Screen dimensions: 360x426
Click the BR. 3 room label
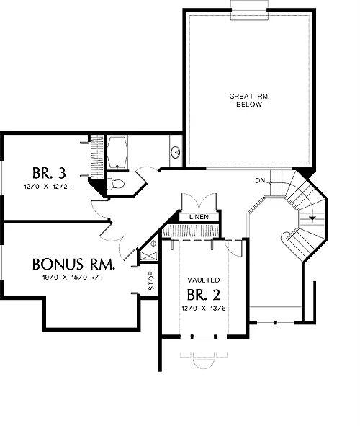coord(49,173)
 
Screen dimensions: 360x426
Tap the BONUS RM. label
coord(73,265)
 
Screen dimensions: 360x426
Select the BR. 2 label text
coord(204,295)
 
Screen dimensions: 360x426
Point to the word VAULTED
coord(204,280)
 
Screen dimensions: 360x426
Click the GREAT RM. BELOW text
coord(249,100)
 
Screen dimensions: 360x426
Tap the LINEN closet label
coord(199,217)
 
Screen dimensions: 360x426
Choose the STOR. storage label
coord(151,280)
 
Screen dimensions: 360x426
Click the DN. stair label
coord(261,181)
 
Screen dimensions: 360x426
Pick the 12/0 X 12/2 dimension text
coord(49,187)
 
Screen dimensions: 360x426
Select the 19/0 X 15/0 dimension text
coord(72,278)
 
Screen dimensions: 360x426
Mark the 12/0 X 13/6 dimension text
coord(204,309)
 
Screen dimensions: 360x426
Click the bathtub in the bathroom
coord(117,152)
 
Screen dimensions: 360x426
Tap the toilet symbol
coord(116,184)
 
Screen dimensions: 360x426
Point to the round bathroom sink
coord(176,152)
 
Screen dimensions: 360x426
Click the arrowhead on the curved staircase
coord(313,218)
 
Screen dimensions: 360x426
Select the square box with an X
coord(148,256)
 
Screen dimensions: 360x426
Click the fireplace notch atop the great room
coord(249,10)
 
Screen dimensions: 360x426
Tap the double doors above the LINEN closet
coord(199,203)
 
